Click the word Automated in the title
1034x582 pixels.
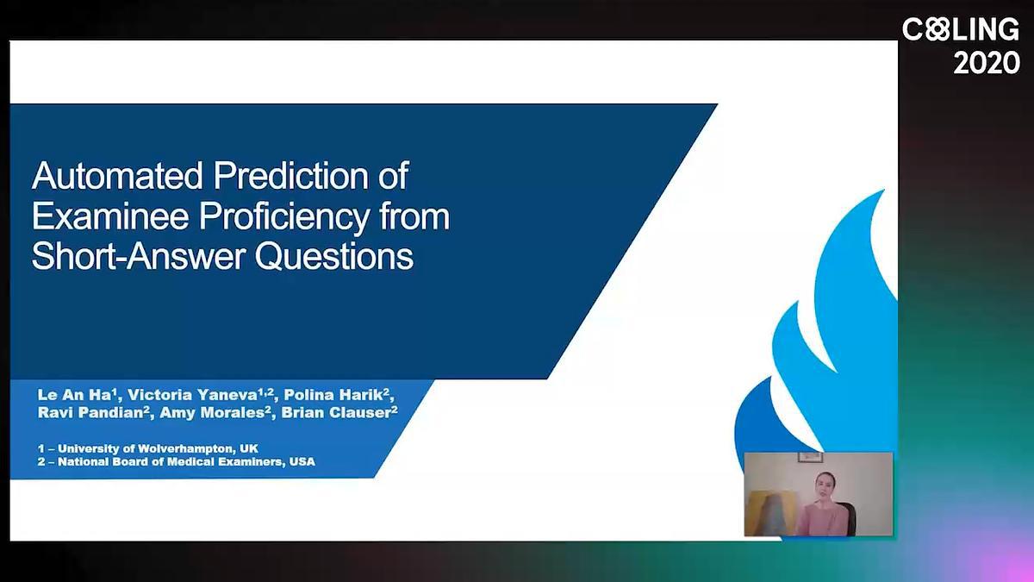[x=118, y=176]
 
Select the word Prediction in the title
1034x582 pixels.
[x=291, y=176]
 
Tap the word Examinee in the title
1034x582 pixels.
[x=110, y=216]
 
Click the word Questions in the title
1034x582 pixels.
[x=334, y=257]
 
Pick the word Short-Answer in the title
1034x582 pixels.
[x=139, y=257]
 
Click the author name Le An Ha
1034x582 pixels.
[x=75, y=395]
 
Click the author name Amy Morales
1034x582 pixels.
[x=215, y=412]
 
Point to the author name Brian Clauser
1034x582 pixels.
[x=339, y=412]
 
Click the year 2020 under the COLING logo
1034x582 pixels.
[x=987, y=63]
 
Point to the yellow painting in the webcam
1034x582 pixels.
[x=771, y=513]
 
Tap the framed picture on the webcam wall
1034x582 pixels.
[x=810, y=457]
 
